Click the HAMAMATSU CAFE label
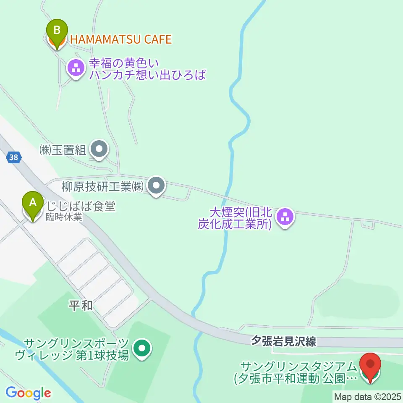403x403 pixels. [121, 39]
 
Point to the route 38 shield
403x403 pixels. [13, 157]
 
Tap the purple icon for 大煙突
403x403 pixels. [285, 217]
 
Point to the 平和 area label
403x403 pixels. [81, 306]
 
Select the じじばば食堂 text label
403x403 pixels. [81, 206]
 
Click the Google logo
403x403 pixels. [28, 393]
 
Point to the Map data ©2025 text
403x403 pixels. [367, 396]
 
